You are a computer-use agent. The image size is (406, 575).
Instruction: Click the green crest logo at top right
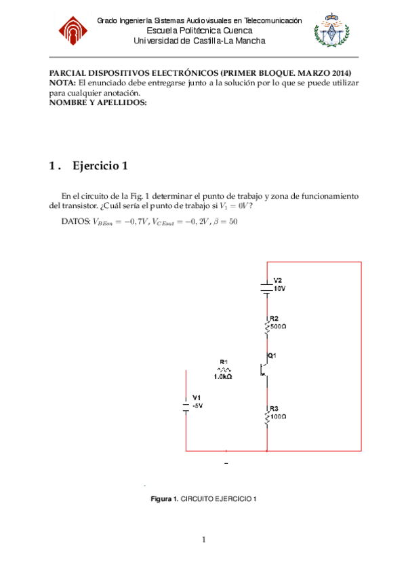[332, 31]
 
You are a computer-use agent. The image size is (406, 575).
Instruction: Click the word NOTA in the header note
[63, 82]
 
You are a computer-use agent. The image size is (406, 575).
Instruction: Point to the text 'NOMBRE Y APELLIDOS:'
[98, 102]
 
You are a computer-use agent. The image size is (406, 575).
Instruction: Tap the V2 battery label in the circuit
[278, 280]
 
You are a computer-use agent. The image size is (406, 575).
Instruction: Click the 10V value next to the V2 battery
[279, 288]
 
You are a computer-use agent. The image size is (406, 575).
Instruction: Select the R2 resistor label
[274, 318]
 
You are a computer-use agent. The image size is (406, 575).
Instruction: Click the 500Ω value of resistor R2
[279, 325]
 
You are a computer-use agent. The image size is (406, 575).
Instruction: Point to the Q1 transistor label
[272, 355]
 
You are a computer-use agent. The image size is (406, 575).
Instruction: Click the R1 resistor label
[224, 361]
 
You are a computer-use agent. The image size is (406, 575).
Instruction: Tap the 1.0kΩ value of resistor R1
[223, 376]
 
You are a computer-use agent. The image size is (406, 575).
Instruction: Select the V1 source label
[197, 397]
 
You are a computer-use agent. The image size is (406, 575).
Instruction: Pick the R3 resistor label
[274, 408]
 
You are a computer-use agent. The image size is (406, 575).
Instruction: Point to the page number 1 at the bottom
[203, 540]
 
